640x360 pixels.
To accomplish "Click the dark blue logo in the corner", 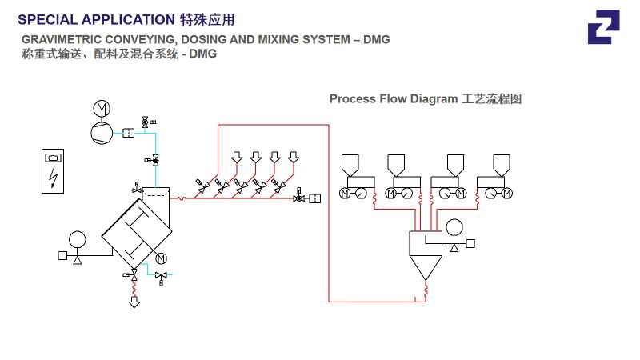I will coord(603,27).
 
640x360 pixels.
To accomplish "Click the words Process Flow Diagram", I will coord(394,99).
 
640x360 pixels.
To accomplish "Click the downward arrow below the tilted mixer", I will coord(134,302).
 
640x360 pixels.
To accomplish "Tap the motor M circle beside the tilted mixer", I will coord(161,258).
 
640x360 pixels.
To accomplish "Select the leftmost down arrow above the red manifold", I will coord(237,157).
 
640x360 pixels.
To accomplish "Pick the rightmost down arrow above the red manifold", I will coord(294,157).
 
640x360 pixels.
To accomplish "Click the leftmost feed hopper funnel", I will coord(350,165).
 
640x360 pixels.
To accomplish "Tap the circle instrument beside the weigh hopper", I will coord(454,227).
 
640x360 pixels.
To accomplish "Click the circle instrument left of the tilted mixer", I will coord(77,239).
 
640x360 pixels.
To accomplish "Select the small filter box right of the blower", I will coord(127,133).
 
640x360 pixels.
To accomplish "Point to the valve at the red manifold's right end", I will coord(299,198).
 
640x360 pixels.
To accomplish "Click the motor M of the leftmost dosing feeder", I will coord(345,194).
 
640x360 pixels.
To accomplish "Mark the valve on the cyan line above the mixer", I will coord(155,160).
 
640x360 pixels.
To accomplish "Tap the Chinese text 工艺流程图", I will coord(492,99).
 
